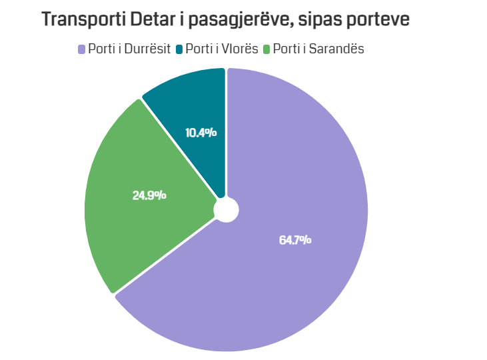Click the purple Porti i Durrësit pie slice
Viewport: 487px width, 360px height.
[300, 267]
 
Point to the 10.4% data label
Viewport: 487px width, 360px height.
[201, 133]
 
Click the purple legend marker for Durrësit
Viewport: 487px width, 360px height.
[82, 49]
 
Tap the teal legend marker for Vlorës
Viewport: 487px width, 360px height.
[179, 49]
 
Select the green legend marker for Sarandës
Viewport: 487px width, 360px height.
[267, 49]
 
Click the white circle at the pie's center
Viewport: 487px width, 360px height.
[226, 209]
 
